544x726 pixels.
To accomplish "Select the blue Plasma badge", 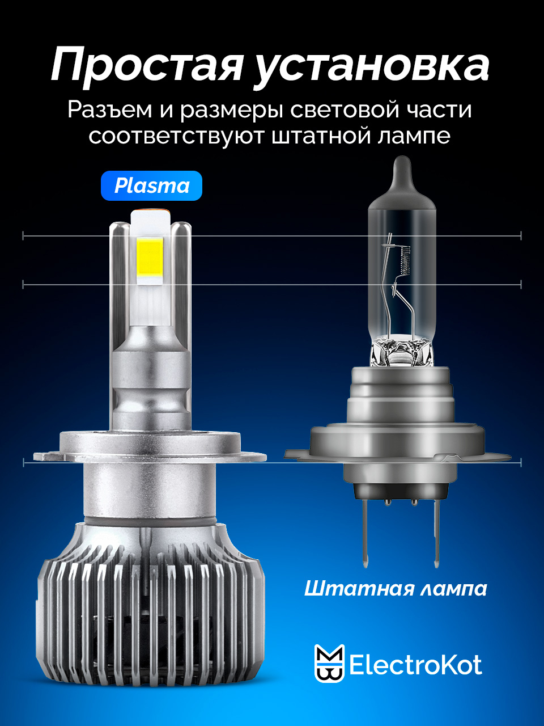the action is (x=152, y=186).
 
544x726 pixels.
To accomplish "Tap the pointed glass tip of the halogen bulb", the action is (x=402, y=166).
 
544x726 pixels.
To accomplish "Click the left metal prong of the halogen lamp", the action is (x=366, y=533).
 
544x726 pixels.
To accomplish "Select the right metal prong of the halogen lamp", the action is (x=437, y=533).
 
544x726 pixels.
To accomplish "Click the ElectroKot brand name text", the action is (x=415, y=665).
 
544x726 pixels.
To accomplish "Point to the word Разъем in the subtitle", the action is (x=110, y=110).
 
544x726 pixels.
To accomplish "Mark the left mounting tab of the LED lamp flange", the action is (x=46, y=457).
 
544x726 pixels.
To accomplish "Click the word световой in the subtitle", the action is (x=345, y=110).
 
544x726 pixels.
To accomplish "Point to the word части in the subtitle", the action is (x=440, y=110).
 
